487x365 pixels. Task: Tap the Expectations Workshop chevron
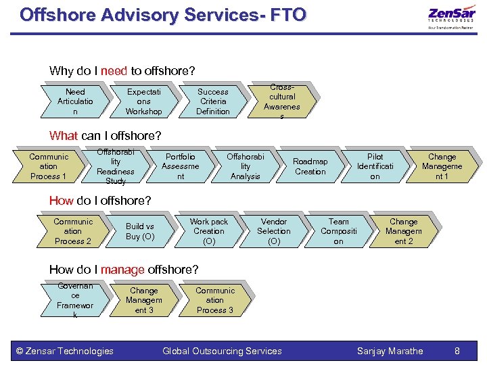(144, 101)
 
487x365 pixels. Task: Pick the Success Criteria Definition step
(213, 101)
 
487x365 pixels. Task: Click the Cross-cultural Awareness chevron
(282, 101)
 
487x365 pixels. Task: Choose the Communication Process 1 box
(49, 166)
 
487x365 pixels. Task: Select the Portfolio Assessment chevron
(181, 166)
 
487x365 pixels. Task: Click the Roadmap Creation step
(310, 166)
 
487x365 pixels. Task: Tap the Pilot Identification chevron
(375, 166)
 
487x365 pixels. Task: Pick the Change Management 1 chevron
(442, 166)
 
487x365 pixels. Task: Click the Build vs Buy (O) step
(140, 231)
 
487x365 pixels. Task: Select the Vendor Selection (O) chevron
(274, 231)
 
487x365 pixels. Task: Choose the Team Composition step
(339, 231)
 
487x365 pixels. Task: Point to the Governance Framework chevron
(75, 300)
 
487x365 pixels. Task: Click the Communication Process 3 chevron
(214, 300)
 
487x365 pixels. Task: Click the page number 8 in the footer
(457, 351)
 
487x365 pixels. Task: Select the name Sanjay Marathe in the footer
(390, 351)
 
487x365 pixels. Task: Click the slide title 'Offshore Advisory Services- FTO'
(162, 15)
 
